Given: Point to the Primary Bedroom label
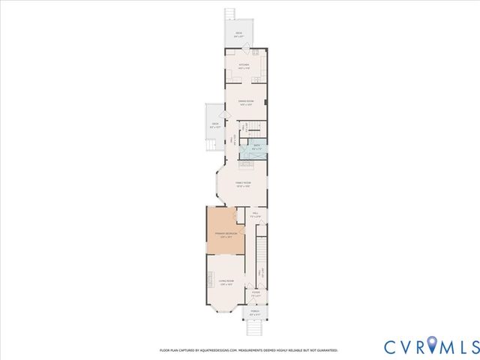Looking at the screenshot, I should [226, 235].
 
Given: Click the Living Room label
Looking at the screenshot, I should [226, 282].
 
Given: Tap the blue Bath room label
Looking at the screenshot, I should [256, 147].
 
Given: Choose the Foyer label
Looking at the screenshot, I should [256, 293].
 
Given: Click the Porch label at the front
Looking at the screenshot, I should [255, 313].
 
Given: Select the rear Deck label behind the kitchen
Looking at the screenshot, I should [238, 34].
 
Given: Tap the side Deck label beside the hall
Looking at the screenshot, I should [215, 125].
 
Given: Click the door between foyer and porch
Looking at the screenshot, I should [255, 304].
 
